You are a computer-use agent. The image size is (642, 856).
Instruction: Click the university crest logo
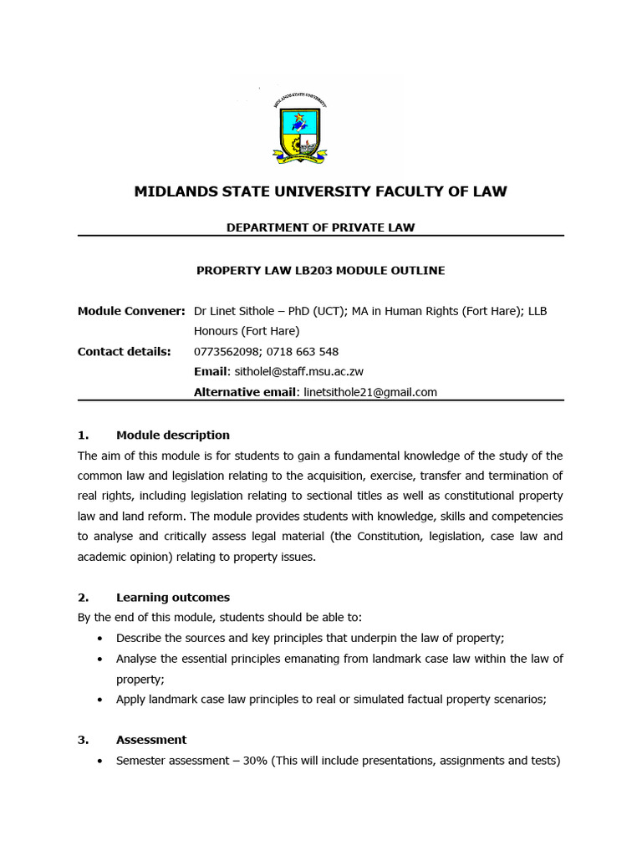302,127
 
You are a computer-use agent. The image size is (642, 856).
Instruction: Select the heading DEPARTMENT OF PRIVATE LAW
320,227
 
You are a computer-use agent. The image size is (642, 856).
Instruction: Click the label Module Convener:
131,311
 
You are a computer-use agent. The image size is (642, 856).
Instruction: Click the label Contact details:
124,351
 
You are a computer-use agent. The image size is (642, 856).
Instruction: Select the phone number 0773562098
227,351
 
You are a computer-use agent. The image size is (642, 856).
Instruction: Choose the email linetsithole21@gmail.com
370,391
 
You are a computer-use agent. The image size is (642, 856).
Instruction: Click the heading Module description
172,435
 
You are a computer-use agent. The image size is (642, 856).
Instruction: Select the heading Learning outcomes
172,597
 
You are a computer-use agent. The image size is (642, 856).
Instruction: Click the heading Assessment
151,740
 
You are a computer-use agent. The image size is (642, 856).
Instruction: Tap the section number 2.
82,597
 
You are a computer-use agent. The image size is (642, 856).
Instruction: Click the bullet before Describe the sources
100,638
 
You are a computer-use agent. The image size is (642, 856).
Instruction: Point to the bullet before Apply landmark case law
100,700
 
